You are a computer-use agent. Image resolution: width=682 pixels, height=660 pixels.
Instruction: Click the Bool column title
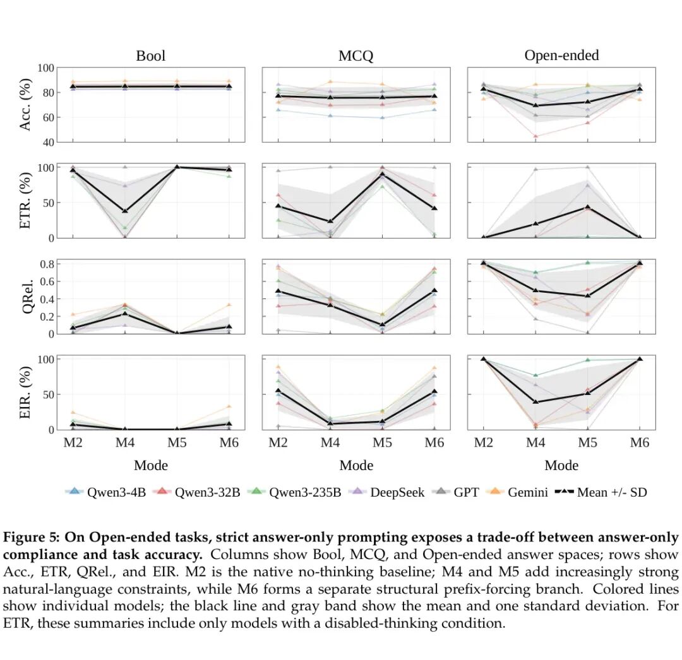pyautogui.click(x=150, y=56)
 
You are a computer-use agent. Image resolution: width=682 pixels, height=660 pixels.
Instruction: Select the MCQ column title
pyautogui.click(x=356, y=56)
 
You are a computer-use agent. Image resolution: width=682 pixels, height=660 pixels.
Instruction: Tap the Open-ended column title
pyautogui.click(x=561, y=56)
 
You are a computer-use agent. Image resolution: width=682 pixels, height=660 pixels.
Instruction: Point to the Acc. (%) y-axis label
pyautogui.click(x=25, y=105)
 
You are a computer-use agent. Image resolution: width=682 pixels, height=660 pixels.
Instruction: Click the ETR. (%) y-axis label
pyautogui.click(x=25, y=201)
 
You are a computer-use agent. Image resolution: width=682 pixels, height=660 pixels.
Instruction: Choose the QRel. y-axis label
pyautogui.click(x=27, y=297)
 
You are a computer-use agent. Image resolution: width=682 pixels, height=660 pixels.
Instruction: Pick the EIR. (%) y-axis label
pyautogui.click(x=25, y=392)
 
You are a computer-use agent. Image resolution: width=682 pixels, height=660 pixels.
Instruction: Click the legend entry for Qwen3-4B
pyautogui.click(x=105, y=492)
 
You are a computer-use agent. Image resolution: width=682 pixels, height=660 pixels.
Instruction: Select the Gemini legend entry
pyautogui.click(x=518, y=492)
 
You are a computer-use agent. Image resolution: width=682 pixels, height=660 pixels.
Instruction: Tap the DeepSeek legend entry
pyautogui.click(x=387, y=492)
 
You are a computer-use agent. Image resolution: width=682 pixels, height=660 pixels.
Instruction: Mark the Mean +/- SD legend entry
pyautogui.click(x=601, y=492)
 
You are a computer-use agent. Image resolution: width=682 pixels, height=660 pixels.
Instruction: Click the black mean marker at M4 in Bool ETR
pyautogui.click(x=125, y=211)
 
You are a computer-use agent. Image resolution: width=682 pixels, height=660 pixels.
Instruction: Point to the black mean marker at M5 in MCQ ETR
pyautogui.click(x=382, y=175)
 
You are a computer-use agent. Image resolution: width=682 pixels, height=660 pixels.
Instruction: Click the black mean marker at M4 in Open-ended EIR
pyautogui.click(x=535, y=401)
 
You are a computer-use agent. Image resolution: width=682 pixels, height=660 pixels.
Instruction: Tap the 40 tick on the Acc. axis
pyautogui.click(x=48, y=143)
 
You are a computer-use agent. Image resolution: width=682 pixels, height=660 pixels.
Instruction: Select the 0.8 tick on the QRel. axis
pyautogui.click(x=47, y=264)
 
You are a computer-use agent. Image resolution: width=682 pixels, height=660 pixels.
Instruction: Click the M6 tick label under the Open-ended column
pyautogui.click(x=639, y=443)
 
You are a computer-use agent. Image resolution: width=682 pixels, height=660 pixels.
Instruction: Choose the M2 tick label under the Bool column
pyautogui.click(x=73, y=443)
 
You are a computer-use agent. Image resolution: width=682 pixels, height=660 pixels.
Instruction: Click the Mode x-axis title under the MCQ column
pyautogui.click(x=356, y=466)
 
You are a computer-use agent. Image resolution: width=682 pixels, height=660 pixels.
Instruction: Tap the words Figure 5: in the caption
pyautogui.click(x=32, y=538)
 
